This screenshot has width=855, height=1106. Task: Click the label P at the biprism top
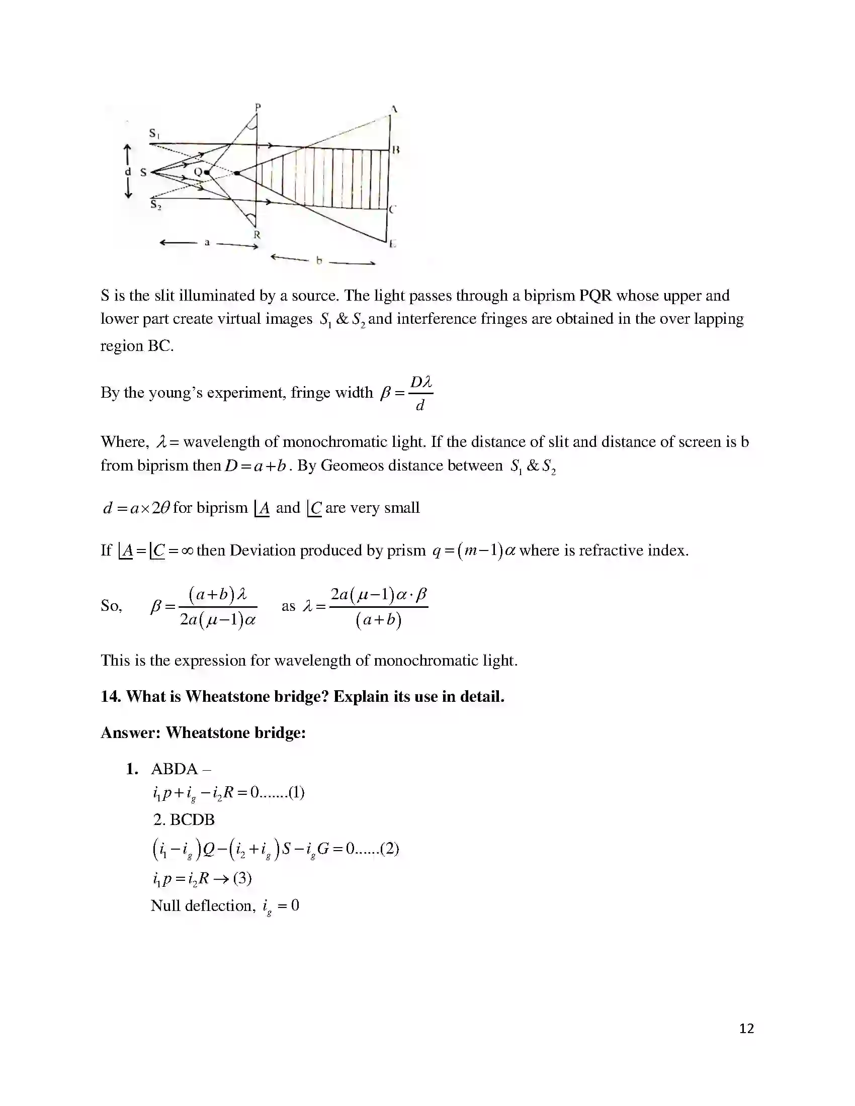tap(258, 108)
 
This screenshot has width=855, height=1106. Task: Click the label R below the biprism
tap(257, 235)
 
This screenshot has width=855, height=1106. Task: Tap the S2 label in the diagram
tap(155, 205)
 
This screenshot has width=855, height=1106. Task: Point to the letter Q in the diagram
tap(198, 172)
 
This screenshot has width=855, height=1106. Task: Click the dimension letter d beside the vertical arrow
tap(128, 171)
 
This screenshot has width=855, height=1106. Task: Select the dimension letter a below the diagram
tap(207, 243)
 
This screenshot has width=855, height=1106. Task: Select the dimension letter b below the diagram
tap(319, 261)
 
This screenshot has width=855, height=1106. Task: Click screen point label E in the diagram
tap(393, 245)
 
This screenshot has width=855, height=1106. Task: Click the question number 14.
tap(111, 696)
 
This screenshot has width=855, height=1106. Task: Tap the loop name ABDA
tap(174, 769)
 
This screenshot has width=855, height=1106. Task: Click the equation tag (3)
tap(242, 878)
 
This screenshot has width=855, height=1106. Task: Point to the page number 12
tap(746, 1029)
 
